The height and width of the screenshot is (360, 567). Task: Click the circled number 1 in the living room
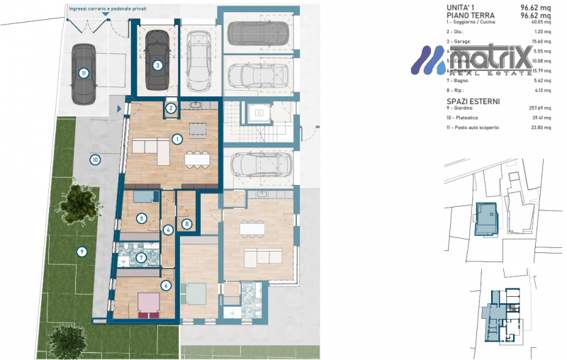pyautogui.click(x=177, y=139)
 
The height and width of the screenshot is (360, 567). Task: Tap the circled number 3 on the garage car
pyautogui.click(x=157, y=65)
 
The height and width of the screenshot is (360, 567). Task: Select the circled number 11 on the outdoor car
pyautogui.click(x=84, y=73)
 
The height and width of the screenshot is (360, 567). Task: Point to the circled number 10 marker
pyautogui.click(x=94, y=159)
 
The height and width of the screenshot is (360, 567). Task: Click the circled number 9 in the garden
pyautogui.click(x=82, y=250)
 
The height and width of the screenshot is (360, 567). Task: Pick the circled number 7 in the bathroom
pyautogui.click(x=142, y=258)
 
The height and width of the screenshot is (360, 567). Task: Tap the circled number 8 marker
pyautogui.click(x=186, y=224)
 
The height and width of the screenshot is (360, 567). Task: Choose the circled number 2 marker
pyautogui.click(x=171, y=108)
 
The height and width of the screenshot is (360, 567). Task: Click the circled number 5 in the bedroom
pyautogui.click(x=142, y=218)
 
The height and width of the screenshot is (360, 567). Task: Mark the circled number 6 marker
pyautogui.click(x=167, y=286)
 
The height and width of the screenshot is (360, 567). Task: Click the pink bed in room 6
pyautogui.click(x=148, y=303)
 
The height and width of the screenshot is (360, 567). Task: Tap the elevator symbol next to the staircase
pyautogui.click(x=259, y=112)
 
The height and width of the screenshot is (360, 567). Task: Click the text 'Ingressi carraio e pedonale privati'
pyautogui.click(x=107, y=11)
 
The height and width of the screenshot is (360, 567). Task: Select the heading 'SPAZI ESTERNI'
pyautogui.click(x=473, y=101)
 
